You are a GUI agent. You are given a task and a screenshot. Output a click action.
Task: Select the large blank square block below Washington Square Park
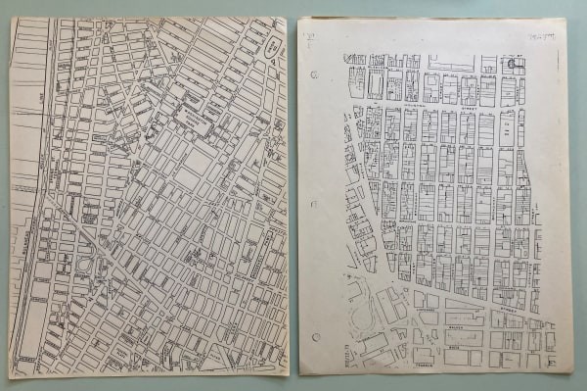coord(197,161)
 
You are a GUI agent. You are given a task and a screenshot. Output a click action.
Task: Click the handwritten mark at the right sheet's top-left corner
coord(309,39)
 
